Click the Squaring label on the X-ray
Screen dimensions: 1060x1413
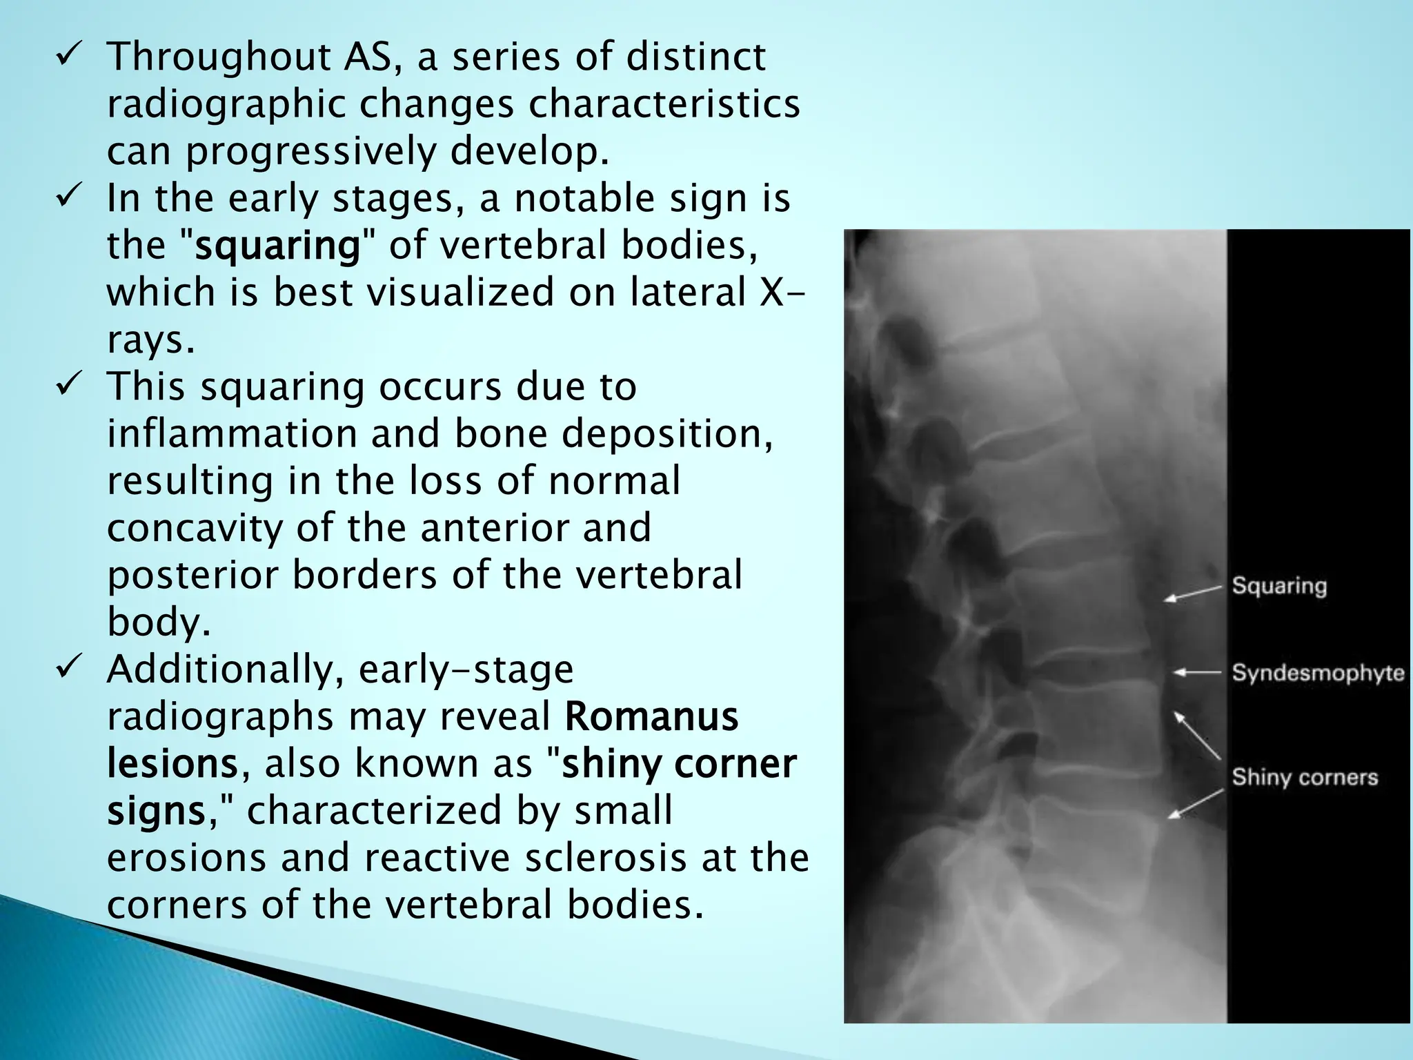(1279, 586)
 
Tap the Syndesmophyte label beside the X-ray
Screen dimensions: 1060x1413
(1318, 672)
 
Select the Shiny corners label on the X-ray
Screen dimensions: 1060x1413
(1305, 777)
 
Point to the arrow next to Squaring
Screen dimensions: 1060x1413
(1192, 593)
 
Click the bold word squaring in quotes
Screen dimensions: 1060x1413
(277, 245)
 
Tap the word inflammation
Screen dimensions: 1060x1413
(231, 433)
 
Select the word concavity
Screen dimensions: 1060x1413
(195, 528)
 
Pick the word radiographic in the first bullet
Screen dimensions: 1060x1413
(226, 104)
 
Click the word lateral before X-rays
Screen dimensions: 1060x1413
(687, 292)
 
